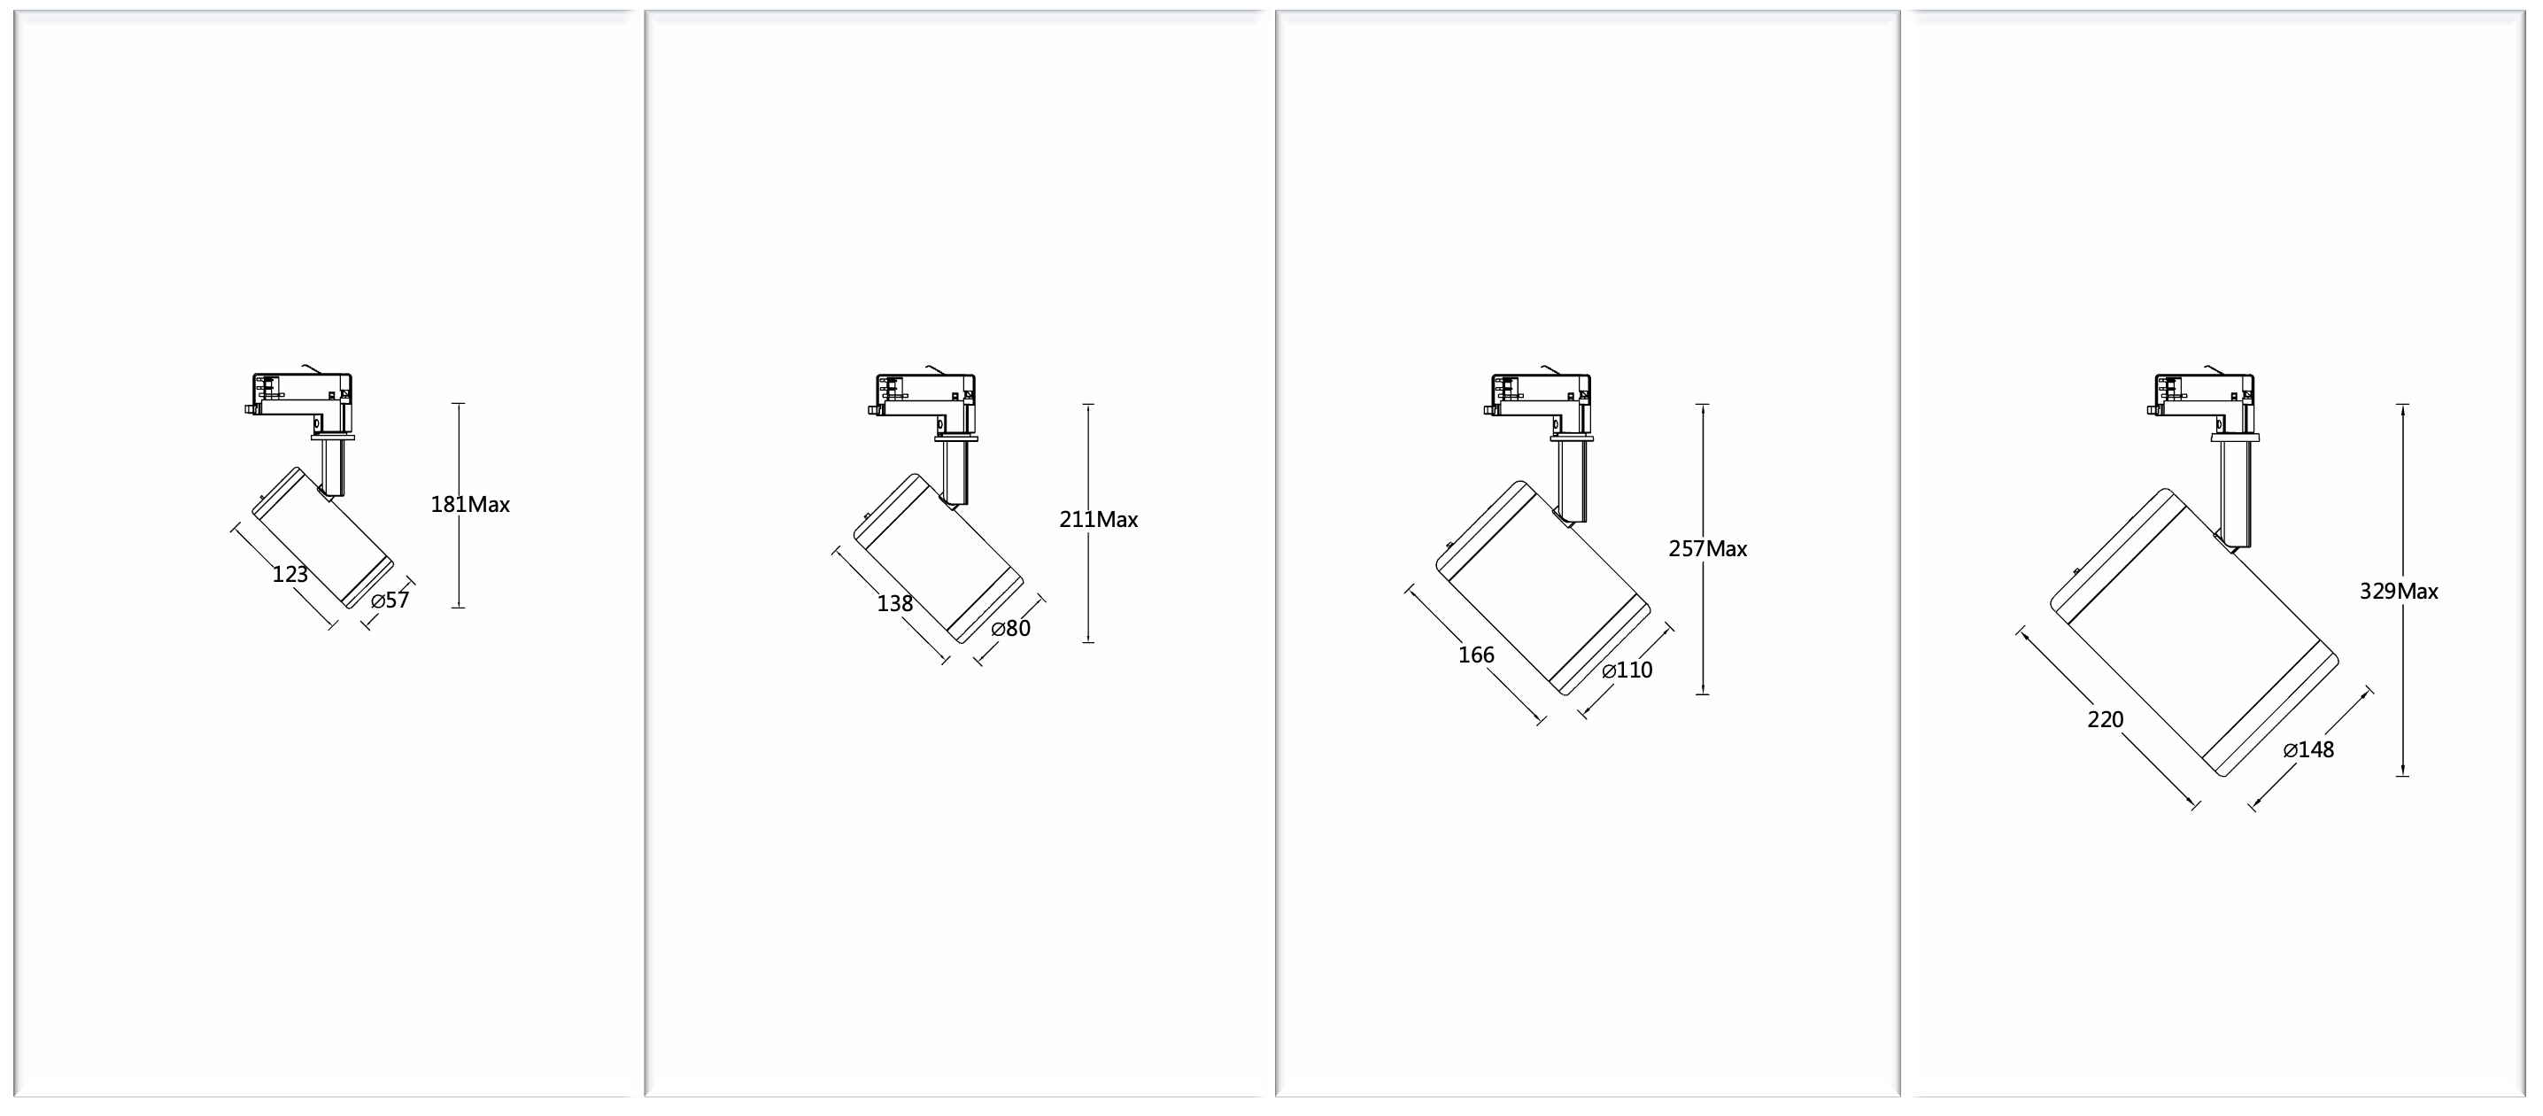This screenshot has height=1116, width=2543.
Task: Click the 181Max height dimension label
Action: coord(470,505)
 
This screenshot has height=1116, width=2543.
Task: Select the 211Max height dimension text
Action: coord(1099,520)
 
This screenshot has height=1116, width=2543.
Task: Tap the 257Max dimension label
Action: coord(1708,549)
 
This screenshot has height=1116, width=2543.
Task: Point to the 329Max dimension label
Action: coord(2399,592)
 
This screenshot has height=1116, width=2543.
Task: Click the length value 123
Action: coord(290,575)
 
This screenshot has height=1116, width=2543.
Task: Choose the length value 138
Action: coord(895,603)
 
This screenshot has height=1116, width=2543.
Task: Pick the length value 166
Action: coord(1477,655)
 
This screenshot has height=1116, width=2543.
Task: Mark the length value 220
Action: coord(2106,720)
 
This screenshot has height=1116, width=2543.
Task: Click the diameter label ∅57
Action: coord(390,601)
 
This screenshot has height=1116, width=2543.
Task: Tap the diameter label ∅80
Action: coord(1011,629)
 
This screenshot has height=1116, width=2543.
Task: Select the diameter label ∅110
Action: coord(1627,670)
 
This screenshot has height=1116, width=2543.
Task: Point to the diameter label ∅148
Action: coord(2309,749)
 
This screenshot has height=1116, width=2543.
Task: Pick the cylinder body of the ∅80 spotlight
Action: coord(938,558)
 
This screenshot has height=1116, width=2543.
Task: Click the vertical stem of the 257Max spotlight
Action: coord(1572,479)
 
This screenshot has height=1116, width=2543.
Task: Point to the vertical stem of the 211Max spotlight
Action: coord(955,472)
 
